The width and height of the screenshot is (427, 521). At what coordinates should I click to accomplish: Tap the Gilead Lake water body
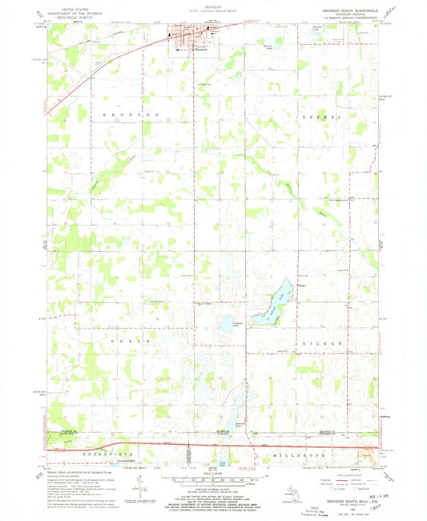click(x=269, y=306)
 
